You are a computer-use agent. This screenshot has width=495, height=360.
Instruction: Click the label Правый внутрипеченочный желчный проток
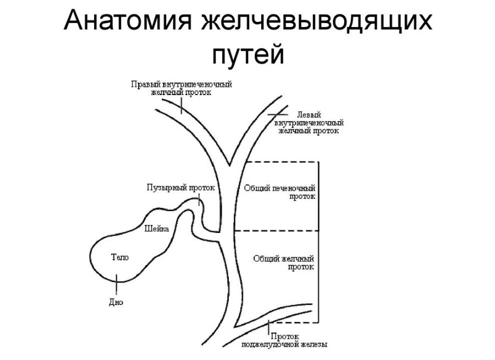pyautogui.click(x=182, y=88)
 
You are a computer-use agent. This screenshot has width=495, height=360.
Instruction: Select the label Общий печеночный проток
pyautogui.click(x=279, y=192)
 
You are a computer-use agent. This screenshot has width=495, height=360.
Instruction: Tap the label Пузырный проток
pyautogui.click(x=180, y=187)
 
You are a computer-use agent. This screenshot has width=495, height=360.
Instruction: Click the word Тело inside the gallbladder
pyautogui.click(x=120, y=257)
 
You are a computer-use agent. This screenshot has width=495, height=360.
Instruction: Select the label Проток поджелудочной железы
pyautogui.click(x=285, y=340)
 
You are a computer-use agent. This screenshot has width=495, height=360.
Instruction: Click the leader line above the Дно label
pyautogui.click(x=116, y=286)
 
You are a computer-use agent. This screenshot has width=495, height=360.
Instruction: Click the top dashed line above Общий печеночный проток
pyautogui.click(x=280, y=162)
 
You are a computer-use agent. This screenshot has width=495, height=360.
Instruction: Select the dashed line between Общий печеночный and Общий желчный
pyautogui.click(x=275, y=231)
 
